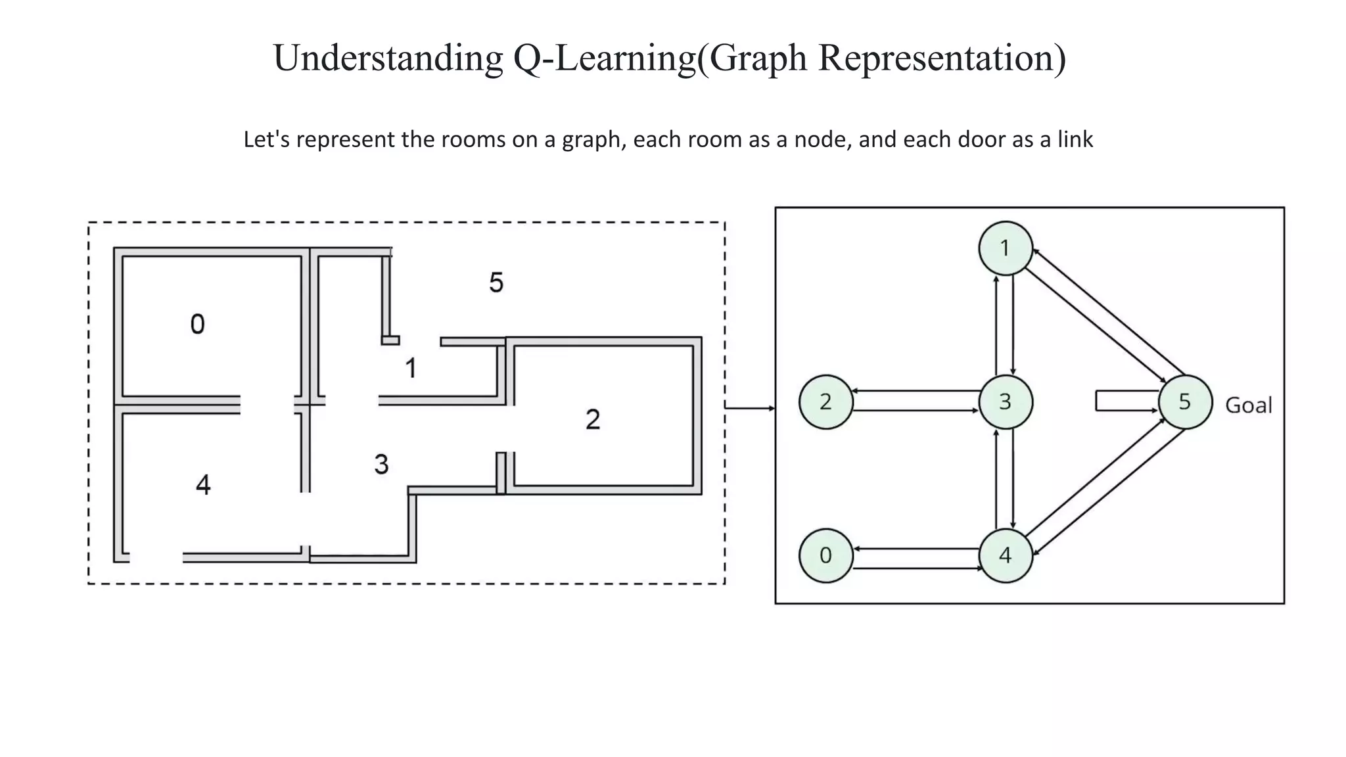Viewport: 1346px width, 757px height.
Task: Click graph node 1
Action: (1005, 248)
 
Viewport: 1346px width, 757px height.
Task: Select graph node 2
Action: (825, 401)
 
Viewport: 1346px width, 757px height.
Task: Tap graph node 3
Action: (1005, 401)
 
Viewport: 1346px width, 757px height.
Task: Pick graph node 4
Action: (1005, 555)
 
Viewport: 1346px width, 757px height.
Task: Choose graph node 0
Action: (825, 555)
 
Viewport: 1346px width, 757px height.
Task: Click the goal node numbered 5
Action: (1184, 401)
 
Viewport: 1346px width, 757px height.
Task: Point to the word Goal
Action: (1248, 405)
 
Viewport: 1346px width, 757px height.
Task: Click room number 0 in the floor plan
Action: (197, 324)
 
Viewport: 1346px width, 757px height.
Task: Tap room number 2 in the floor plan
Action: (592, 419)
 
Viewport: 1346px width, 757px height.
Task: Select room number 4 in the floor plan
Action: (203, 485)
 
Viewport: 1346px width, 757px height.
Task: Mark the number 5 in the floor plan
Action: (496, 283)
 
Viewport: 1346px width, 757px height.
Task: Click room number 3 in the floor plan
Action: (381, 465)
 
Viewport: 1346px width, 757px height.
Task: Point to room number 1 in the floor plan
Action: (411, 368)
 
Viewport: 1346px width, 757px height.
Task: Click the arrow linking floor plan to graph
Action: (749, 408)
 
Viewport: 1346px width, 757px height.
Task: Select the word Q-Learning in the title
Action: (604, 58)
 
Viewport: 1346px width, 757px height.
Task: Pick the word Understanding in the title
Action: (388, 58)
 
